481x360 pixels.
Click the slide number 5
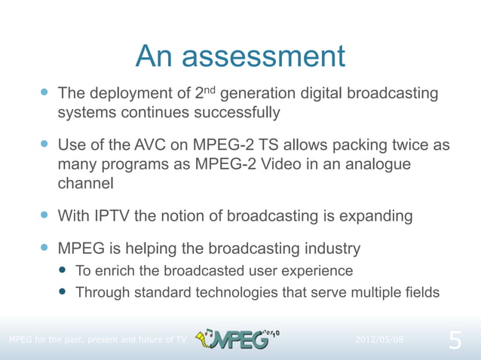455,340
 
